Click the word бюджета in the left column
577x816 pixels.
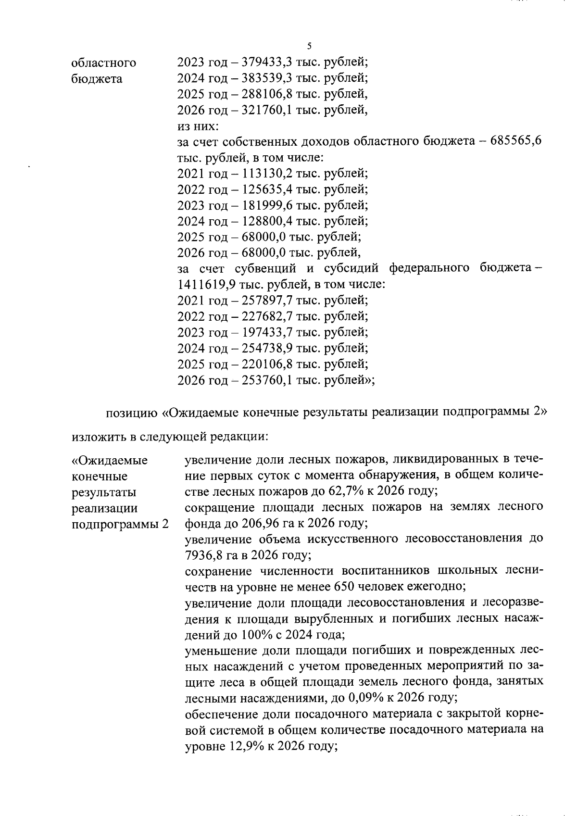pos(97,79)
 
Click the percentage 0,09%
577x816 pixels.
pos(346,697)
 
